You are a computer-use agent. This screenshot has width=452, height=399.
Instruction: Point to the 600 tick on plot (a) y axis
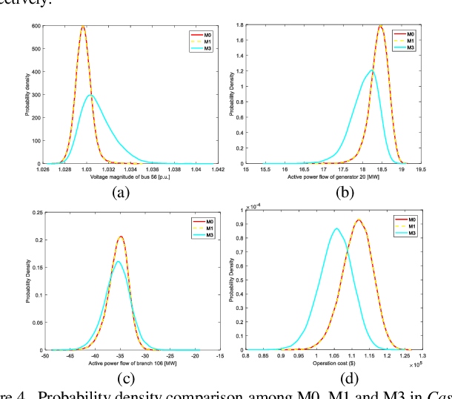(35, 26)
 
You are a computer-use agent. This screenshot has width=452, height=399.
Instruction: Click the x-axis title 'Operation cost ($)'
(337, 363)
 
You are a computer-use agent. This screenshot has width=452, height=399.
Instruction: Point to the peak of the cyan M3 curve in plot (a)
(90, 95)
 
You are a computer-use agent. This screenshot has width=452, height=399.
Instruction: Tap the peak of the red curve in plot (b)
(380, 26)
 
